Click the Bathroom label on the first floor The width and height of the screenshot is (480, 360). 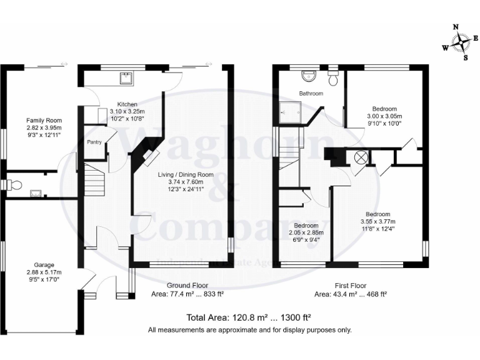tap(311, 94)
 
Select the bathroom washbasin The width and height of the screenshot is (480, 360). tap(309, 76)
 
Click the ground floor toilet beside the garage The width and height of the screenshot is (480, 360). tap(14, 184)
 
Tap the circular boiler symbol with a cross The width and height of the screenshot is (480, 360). tap(361, 157)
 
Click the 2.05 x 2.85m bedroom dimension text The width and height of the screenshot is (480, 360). tap(306, 232)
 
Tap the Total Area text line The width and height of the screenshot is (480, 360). tap(249, 316)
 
